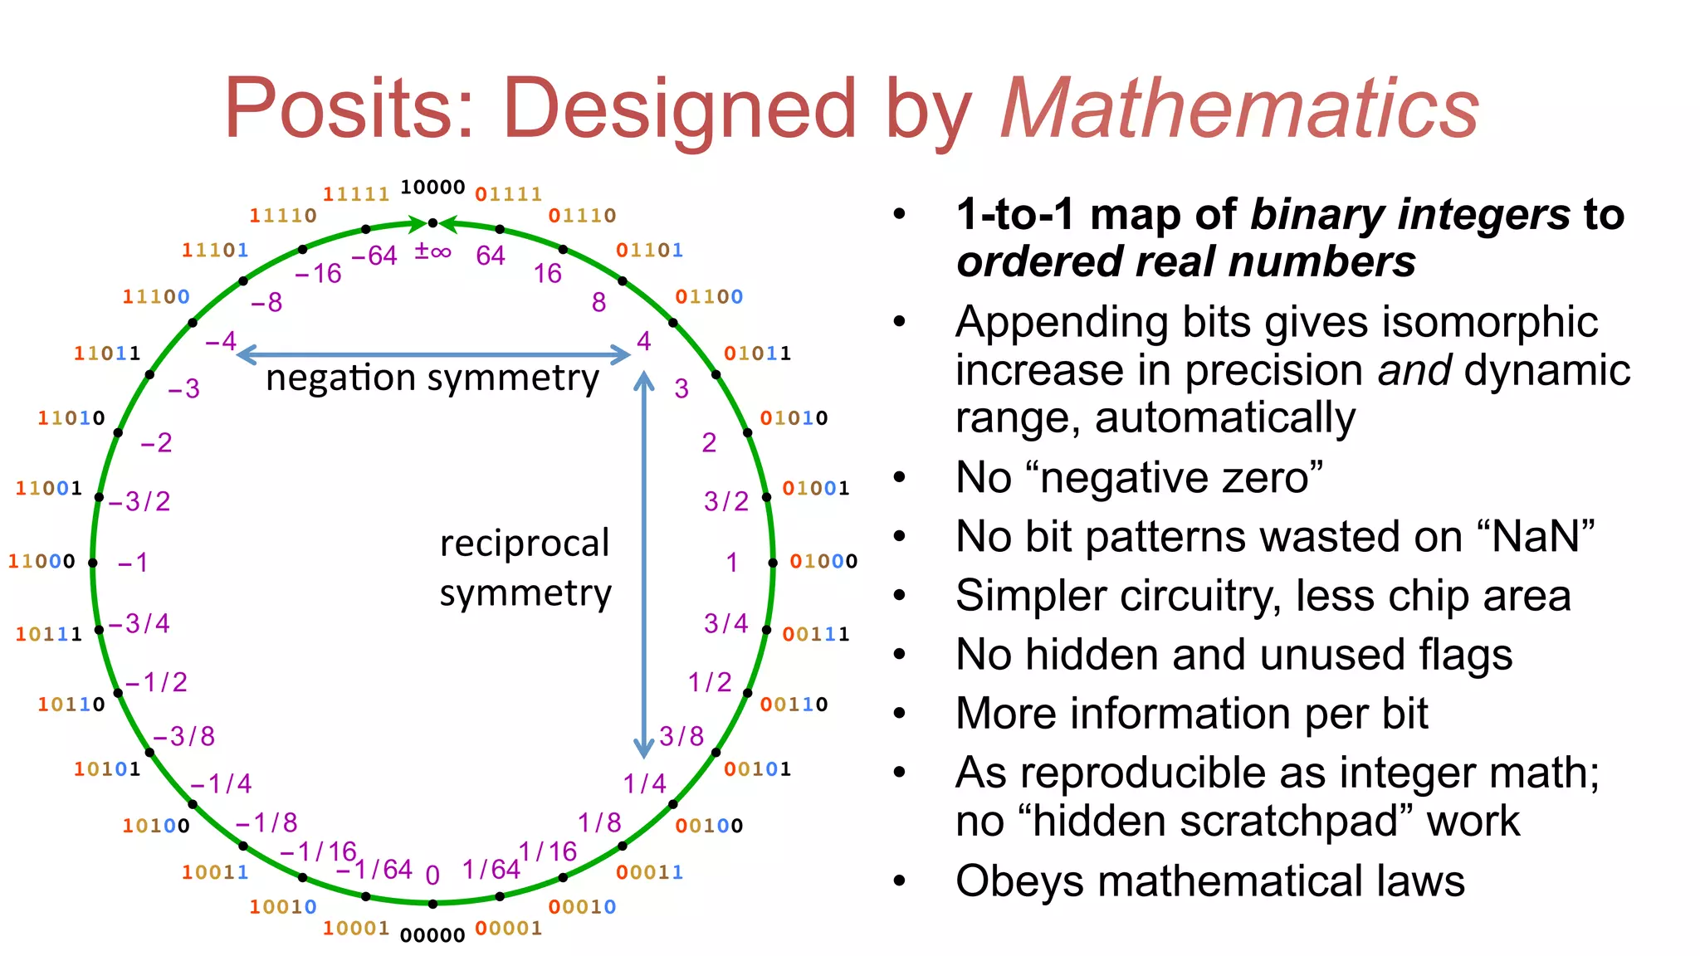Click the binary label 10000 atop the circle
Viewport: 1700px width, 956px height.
[x=432, y=188]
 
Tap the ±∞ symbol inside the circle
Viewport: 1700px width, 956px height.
[x=432, y=251]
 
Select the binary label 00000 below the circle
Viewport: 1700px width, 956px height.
[x=432, y=935]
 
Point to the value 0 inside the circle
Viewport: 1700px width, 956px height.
[x=432, y=875]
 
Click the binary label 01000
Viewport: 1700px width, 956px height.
[x=823, y=562]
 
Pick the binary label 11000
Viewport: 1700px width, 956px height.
[x=42, y=562]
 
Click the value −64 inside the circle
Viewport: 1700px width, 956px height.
[x=374, y=256]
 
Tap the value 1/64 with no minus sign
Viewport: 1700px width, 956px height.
[x=491, y=869]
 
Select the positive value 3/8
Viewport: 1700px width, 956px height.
[x=681, y=736]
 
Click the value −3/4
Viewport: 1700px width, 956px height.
[x=139, y=623]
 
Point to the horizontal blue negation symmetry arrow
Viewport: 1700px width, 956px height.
[x=433, y=355]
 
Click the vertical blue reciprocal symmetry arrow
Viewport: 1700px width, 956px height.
[x=643, y=564]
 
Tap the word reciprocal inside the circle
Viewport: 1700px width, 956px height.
[x=525, y=544]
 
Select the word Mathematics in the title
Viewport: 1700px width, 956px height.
[x=1240, y=109]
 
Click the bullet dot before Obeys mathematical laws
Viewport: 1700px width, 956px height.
[x=900, y=881]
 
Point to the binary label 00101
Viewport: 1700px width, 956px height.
[x=757, y=769]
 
